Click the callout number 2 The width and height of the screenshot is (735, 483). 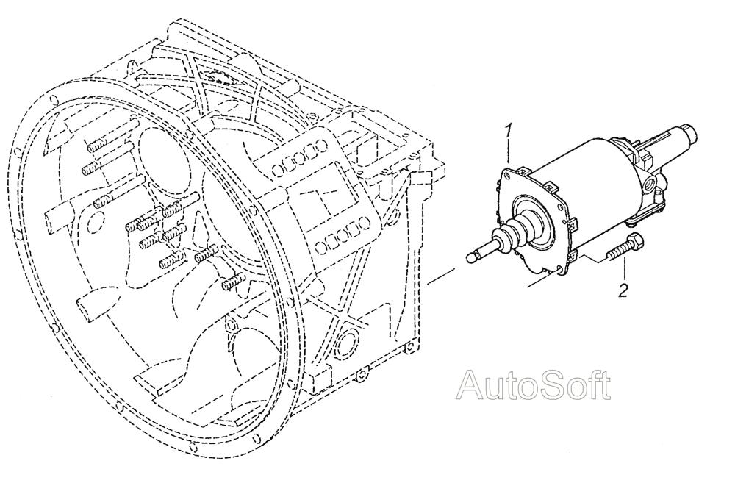tap(623, 290)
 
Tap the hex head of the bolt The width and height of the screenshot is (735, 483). tap(634, 241)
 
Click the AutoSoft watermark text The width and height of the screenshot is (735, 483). tap(534, 385)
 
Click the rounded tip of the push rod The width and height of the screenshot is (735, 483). tap(472, 257)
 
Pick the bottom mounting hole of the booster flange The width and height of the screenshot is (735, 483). tap(558, 269)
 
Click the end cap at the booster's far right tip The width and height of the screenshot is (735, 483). tap(690, 134)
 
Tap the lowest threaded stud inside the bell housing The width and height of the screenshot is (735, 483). tap(232, 282)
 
